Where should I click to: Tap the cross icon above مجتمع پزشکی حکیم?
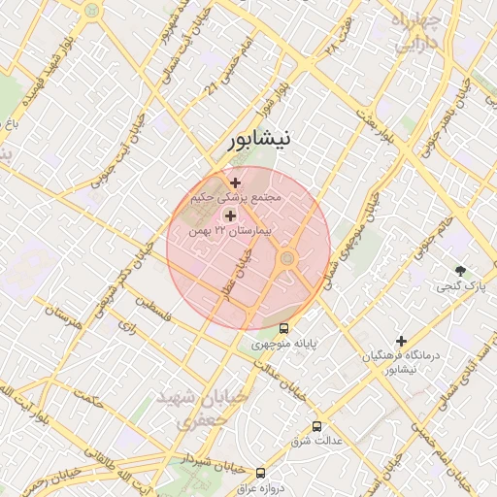235,182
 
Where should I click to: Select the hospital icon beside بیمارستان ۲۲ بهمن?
230,215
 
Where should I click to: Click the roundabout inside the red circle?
287,257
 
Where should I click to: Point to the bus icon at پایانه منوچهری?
283,328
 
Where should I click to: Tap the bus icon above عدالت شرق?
316,426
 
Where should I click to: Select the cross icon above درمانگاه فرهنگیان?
400,341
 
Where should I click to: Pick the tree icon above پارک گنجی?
460,270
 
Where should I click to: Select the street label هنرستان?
61,316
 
